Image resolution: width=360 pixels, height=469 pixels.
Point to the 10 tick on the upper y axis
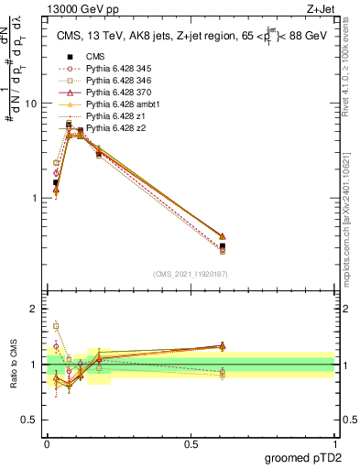point(35,104)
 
